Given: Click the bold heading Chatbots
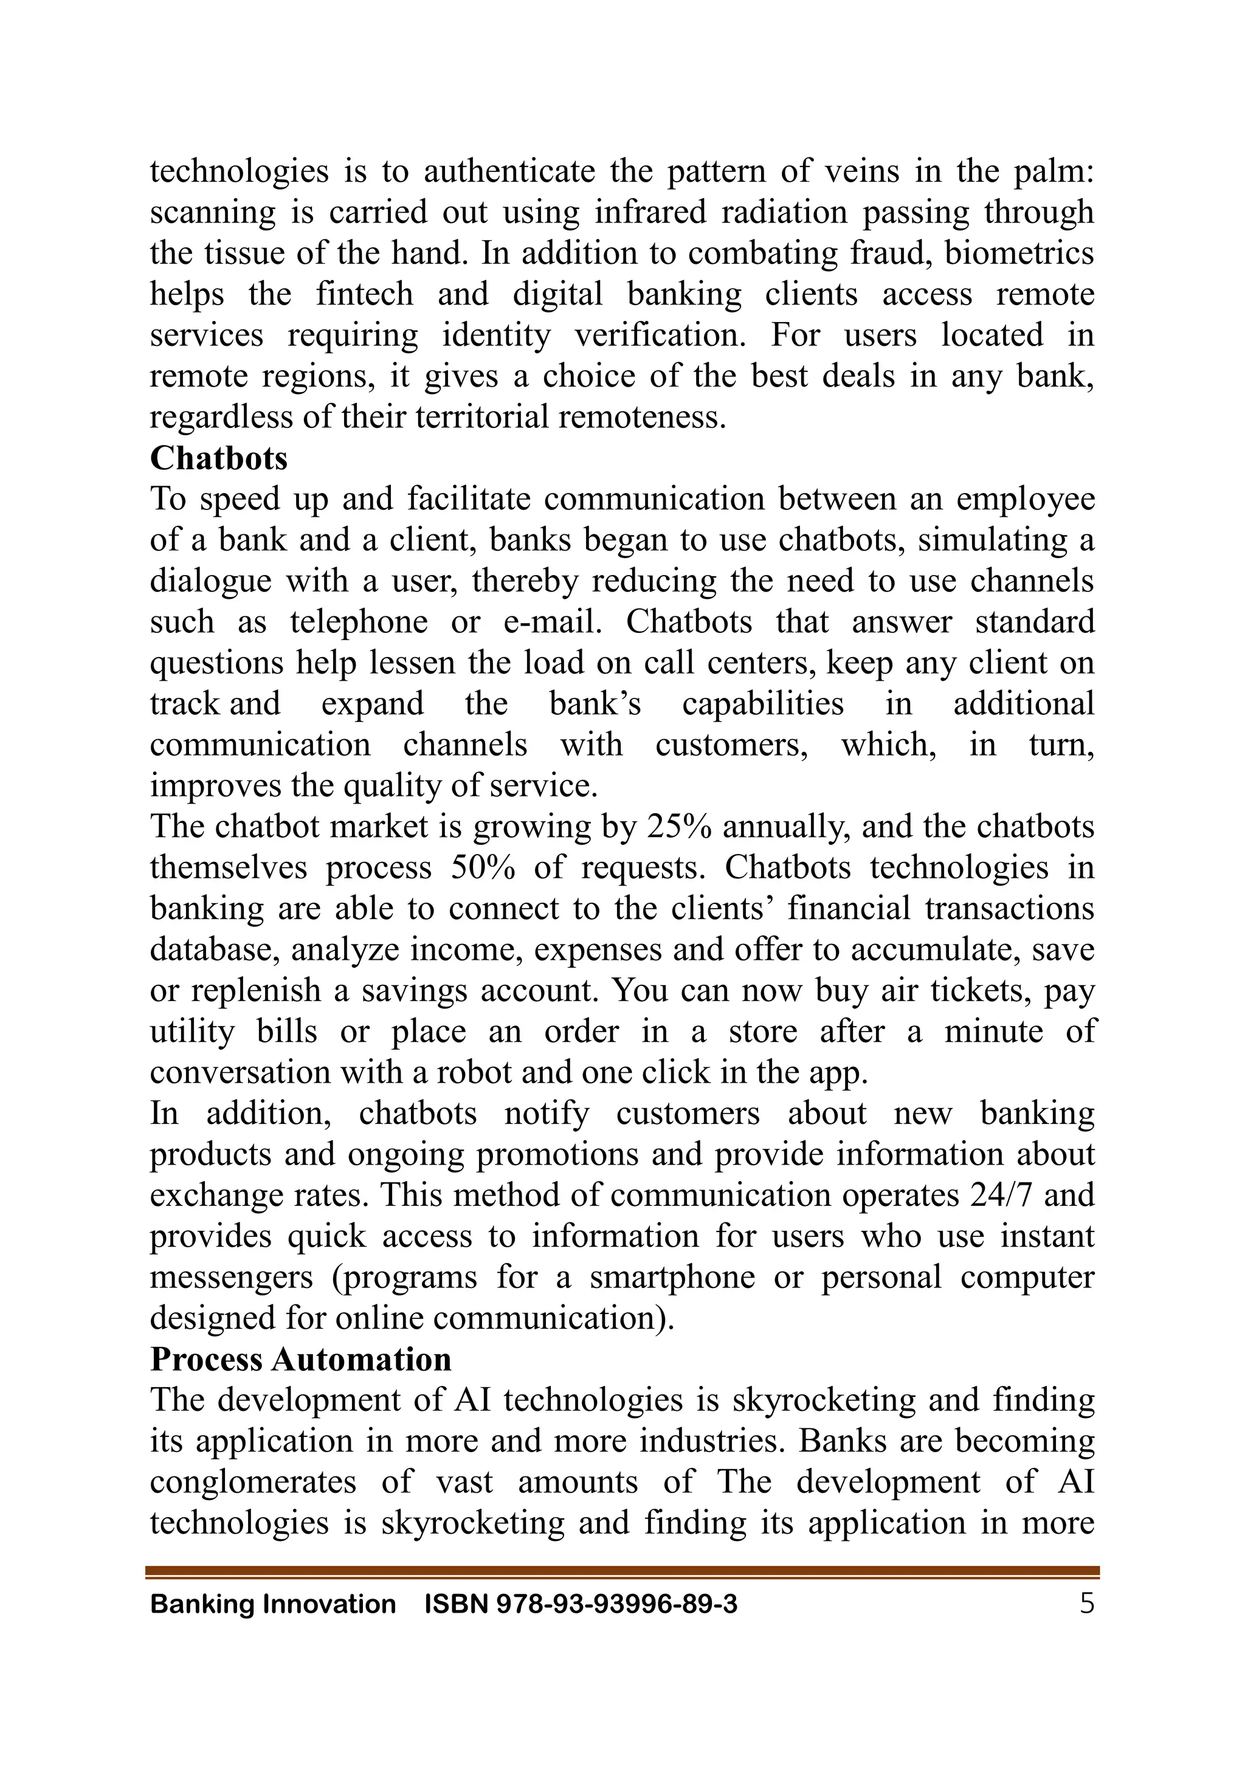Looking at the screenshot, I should pos(218,459).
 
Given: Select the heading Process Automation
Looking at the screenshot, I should pos(300,1359).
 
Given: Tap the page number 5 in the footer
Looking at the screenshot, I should pos(1086,1604).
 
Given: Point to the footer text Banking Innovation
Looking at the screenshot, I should pos(272,1605).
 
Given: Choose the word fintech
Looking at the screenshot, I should pos(364,294).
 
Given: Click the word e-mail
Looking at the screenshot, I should pos(552,622).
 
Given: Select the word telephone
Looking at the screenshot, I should pos(358,622).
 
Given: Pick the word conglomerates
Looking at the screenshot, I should pos(252,1483).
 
